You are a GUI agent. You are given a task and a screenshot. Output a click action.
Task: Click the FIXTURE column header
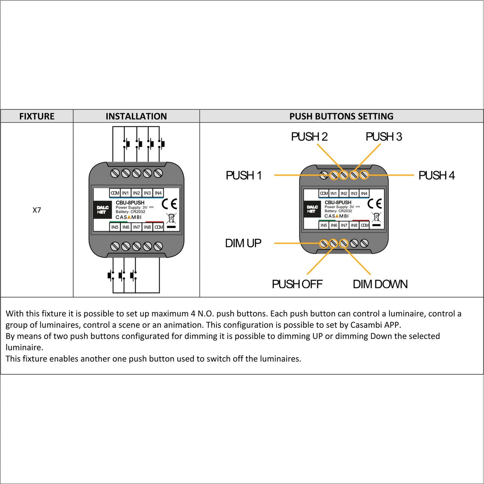(x=37, y=116)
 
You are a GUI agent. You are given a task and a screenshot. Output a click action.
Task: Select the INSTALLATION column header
(x=136, y=116)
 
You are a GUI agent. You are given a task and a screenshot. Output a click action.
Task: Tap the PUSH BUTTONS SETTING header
(x=341, y=116)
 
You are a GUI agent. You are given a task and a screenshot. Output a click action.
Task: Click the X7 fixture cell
(x=37, y=210)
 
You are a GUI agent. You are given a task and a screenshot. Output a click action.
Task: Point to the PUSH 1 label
(x=244, y=175)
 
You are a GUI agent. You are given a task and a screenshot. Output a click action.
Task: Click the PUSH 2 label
(x=309, y=137)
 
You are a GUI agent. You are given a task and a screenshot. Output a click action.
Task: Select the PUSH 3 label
(x=384, y=137)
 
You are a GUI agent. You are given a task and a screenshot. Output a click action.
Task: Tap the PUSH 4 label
(x=436, y=175)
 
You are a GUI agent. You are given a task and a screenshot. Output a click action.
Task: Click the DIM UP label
(x=243, y=243)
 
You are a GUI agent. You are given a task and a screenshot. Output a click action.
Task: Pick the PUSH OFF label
(x=297, y=284)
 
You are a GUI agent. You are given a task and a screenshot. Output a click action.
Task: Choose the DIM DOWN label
(x=380, y=284)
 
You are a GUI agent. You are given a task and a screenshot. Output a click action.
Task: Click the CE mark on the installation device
(x=169, y=204)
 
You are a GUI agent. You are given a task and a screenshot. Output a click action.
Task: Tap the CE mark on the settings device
(x=374, y=204)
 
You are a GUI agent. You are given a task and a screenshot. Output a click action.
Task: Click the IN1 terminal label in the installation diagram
(x=126, y=193)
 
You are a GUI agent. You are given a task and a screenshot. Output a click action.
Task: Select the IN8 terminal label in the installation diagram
(x=148, y=227)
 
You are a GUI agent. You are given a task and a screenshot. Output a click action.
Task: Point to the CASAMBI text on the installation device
(x=128, y=217)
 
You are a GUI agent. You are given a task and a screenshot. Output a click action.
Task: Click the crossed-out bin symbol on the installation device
(x=171, y=218)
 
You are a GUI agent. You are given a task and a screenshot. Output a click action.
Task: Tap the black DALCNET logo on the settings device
(x=312, y=209)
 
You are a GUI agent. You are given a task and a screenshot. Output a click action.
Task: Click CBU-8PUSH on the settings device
(x=338, y=203)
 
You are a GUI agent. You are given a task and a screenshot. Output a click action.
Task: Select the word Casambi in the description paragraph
(x=365, y=325)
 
